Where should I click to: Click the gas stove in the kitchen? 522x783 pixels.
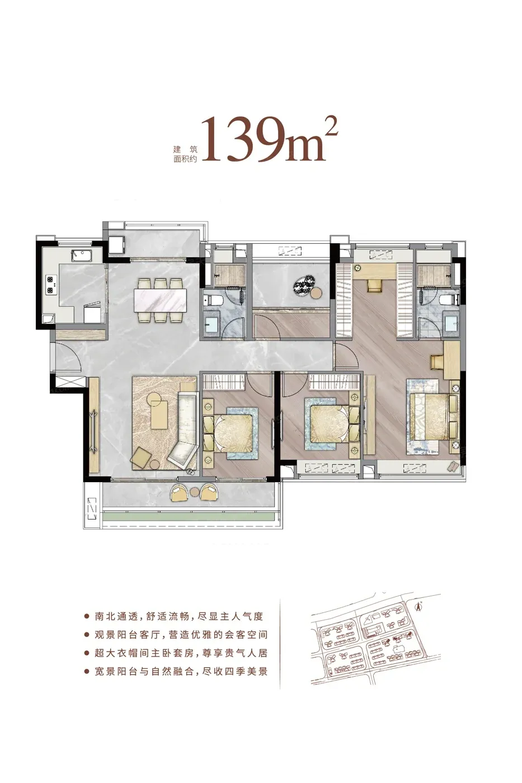(x=51, y=284)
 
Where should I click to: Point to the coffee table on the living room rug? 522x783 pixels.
(x=159, y=414)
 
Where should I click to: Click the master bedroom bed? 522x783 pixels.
(x=430, y=416)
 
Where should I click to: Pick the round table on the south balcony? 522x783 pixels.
(x=194, y=492)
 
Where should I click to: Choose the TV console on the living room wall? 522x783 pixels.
(x=93, y=425)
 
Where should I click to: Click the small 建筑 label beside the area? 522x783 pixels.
(x=185, y=149)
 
